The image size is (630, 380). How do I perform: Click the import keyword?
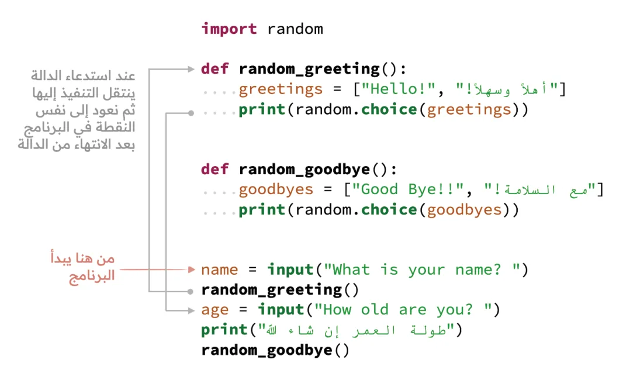pyautogui.click(x=229, y=29)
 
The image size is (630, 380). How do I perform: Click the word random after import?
pyautogui.click(x=295, y=29)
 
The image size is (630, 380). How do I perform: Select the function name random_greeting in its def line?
pyautogui.click(x=309, y=69)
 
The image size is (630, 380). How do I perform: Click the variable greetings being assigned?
pyautogui.click(x=281, y=89)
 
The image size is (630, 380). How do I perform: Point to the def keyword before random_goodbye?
pyautogui.click(x=215, y=169)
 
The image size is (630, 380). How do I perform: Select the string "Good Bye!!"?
pyautogui.click(x=407, y=189)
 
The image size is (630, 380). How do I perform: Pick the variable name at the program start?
pyautogui.click(x=219, y=270)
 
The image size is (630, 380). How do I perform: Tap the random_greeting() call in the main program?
pyautogui.click(x=279, y=290)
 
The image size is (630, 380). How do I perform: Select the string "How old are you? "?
pyautogui.click(x=403, y=310)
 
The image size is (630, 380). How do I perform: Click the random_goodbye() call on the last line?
pyautogui.click(x=275, y=350)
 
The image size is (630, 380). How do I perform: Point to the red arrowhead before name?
pyautogui.click(x=192, y=270)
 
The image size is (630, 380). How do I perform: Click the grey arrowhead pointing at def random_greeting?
pyautogui.click(x=192, y=69)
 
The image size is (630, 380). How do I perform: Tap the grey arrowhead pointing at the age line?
pyautogui.click(x=192, y=310)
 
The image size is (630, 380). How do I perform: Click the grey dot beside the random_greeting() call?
pyautogui.click(x=191, y=292)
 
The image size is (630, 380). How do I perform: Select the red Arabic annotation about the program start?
pyautogui.click(x=83, y=267)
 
